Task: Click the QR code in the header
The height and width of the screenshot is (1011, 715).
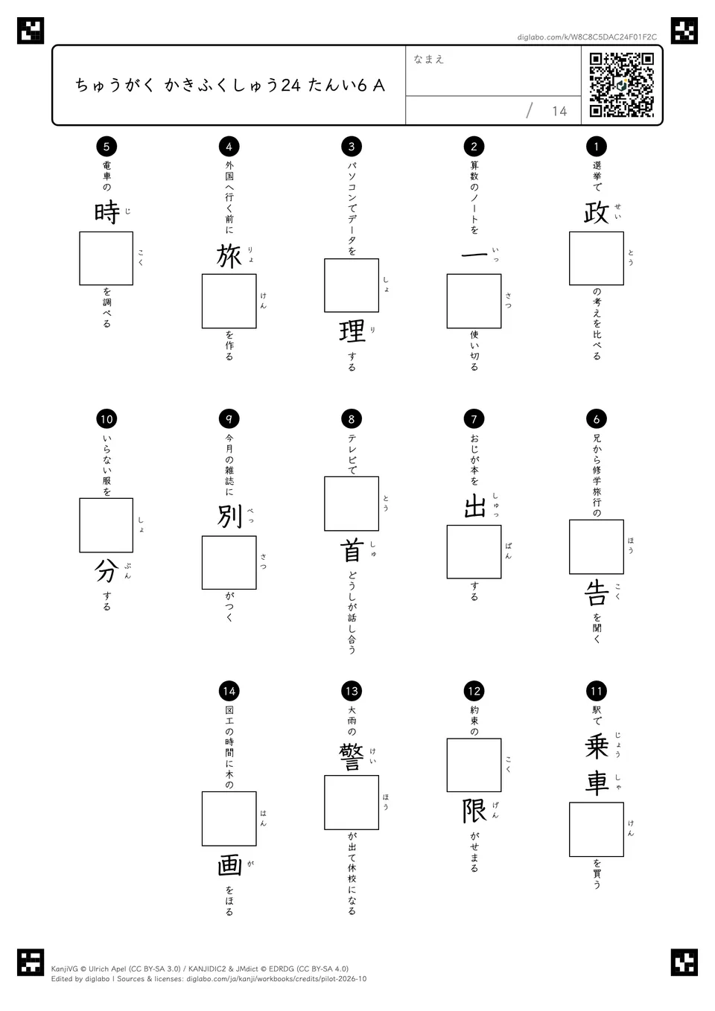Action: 622,85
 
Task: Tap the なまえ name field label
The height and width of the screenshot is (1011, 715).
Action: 429,59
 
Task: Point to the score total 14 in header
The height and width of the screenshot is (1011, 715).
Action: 559,111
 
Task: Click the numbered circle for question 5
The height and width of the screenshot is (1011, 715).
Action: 107,146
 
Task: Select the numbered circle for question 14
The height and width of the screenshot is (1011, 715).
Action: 229,691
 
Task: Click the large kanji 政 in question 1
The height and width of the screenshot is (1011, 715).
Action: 597,213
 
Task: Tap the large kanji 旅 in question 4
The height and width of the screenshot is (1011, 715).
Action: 229,256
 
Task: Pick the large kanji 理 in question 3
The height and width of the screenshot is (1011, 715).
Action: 352,331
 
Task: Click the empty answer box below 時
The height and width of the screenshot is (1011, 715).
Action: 106,258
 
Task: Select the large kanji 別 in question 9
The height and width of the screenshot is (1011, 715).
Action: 229,517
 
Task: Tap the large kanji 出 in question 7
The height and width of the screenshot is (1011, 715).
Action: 474,506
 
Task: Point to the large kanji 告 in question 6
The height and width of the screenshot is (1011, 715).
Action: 597,593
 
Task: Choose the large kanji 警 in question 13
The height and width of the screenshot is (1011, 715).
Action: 352,757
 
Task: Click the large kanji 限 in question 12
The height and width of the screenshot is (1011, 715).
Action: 474,811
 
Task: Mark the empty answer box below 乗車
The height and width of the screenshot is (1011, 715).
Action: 597,829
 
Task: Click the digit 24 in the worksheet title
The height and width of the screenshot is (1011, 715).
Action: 290,86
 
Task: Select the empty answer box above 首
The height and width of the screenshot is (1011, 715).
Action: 352,504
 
